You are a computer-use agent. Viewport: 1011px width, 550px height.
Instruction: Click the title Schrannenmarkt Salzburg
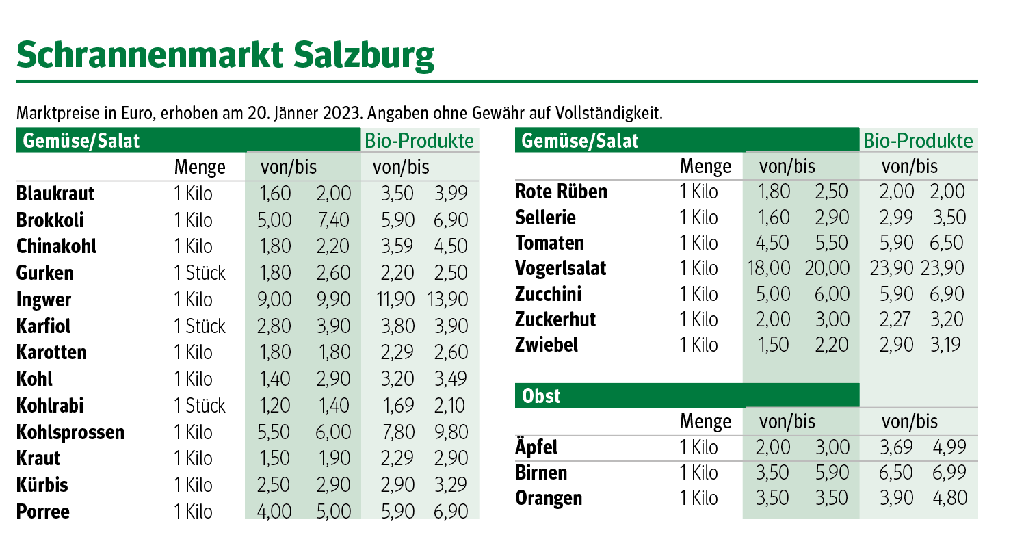(225, 55)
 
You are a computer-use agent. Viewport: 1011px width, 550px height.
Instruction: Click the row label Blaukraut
(55, 194)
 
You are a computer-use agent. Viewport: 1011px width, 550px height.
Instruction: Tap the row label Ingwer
(44, 300)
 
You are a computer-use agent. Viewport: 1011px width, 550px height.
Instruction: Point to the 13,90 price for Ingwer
(451, 300)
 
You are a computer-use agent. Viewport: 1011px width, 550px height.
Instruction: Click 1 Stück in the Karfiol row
(200, 326)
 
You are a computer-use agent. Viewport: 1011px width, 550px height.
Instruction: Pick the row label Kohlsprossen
(70, 432)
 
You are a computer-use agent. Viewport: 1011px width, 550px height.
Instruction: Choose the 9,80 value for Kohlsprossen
(451, 432)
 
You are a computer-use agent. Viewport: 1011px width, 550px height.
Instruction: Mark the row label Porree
(43, 512)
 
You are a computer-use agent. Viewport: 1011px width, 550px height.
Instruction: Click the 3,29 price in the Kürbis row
(451, 485)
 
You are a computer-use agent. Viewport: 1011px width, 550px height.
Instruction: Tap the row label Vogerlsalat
(561, 267)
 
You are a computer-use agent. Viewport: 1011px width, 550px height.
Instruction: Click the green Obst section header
(541, 395)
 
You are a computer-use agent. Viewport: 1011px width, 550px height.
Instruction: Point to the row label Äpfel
(536, 447)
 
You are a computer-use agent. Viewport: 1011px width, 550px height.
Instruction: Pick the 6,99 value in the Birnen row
(950, 473)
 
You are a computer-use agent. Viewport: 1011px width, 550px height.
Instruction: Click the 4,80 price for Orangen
(950, 498)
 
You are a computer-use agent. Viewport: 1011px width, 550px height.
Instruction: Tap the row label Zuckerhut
(555, 319)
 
